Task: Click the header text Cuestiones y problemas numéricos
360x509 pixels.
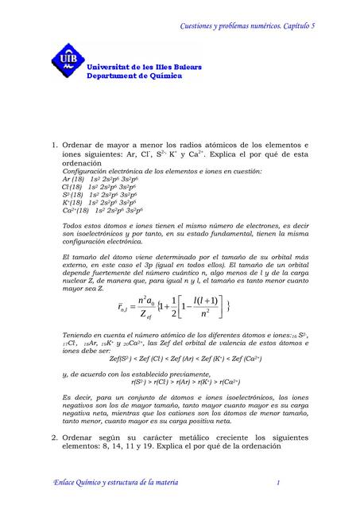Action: [x=223, y=25]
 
